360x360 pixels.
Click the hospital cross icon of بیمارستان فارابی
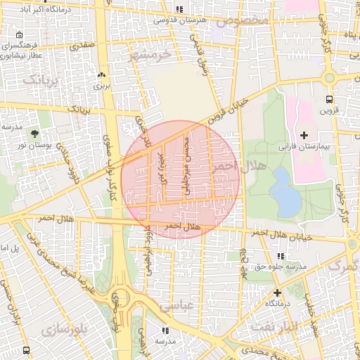point(304,134)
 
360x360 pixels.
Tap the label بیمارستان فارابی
point(304,148)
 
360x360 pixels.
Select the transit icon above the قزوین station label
point(329,99)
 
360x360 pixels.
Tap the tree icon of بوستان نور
point(34,132)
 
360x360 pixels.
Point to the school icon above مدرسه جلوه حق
point(281,256)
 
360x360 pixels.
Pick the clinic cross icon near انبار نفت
point(277,292)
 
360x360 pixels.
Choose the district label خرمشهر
point(151,55)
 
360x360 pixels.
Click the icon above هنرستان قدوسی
point(179,9)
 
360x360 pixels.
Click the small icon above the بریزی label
point(102,75)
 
